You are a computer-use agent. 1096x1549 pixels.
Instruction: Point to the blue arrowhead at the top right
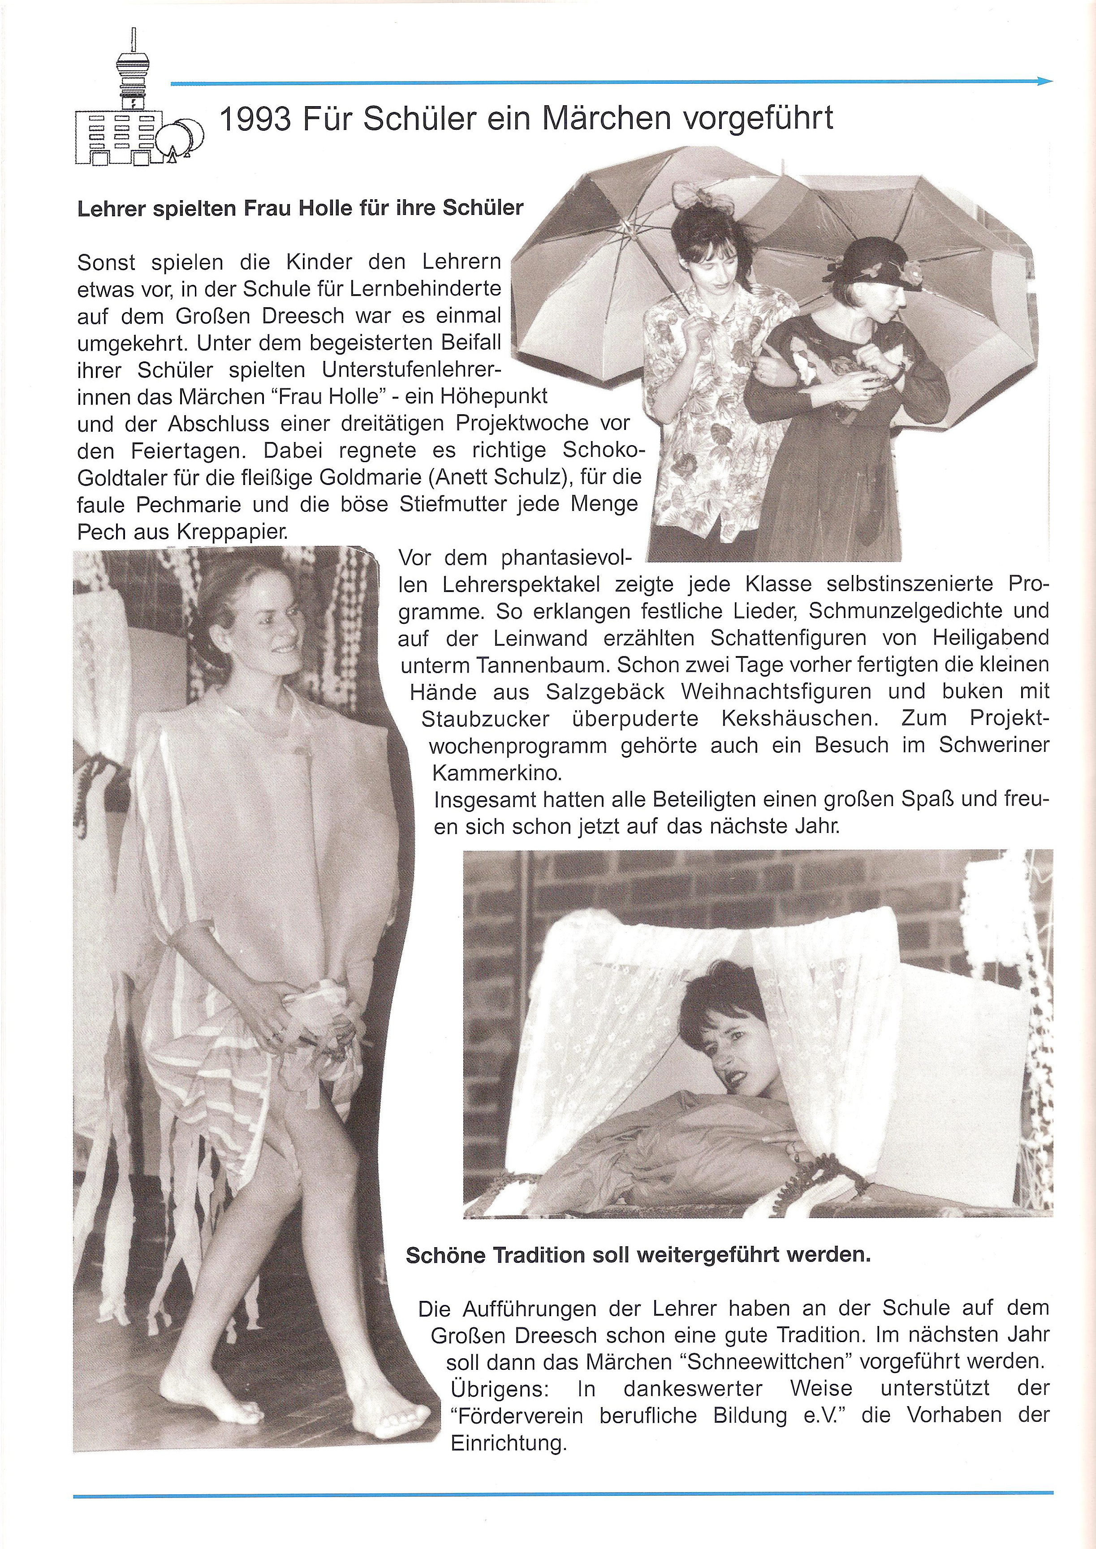pyautogui.click(x=1045, y=81)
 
